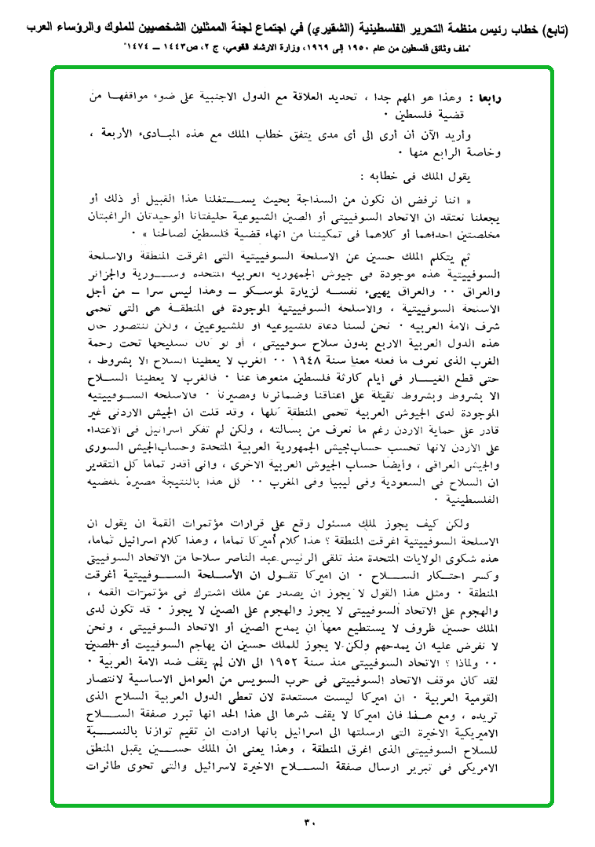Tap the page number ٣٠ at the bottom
click(x=308, y=823)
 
